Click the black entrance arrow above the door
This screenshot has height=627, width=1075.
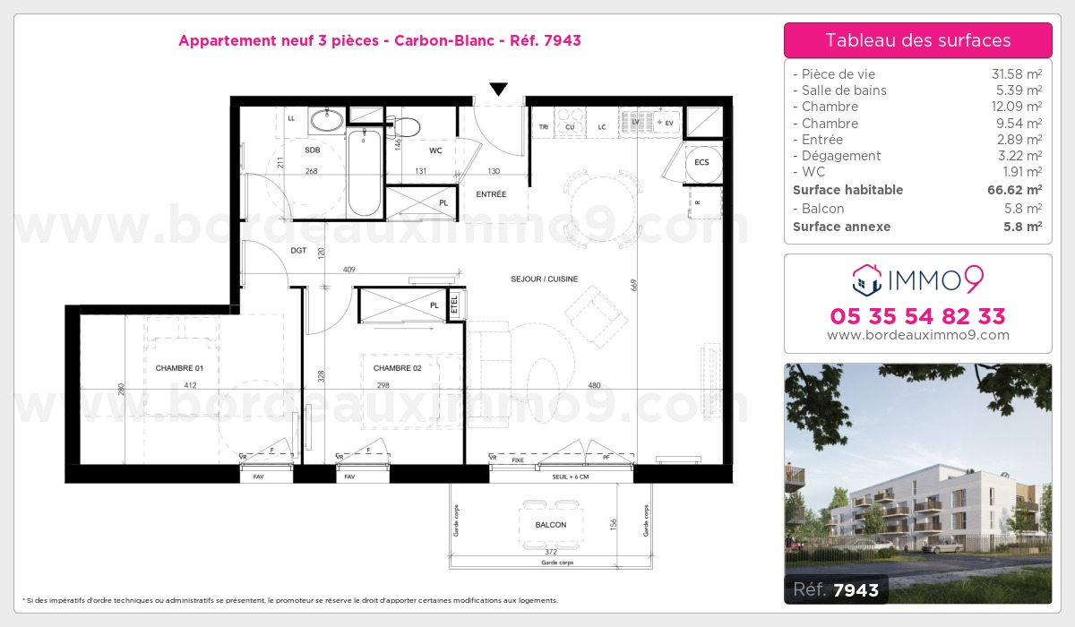pyautogui.click(x=498, y=89)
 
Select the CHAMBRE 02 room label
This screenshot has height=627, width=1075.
pyautogui.click(x=397, y=368)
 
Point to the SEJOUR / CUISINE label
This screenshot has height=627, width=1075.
pyautogui.click(x=545, y=279)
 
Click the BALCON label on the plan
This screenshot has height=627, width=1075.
pyautogui.click(x=551, y=525)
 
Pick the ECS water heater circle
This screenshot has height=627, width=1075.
pyautogui.click(x=701, y=162)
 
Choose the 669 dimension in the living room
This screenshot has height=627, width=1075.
pyautogui.click(x=633, y=286)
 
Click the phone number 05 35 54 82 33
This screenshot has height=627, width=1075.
pyautogui.click(x=918, y=316)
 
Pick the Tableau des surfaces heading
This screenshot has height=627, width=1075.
pyautogui.click(x=918, y=40)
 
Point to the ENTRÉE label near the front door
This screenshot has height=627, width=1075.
pyautogui.click(x=491, y=194)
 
